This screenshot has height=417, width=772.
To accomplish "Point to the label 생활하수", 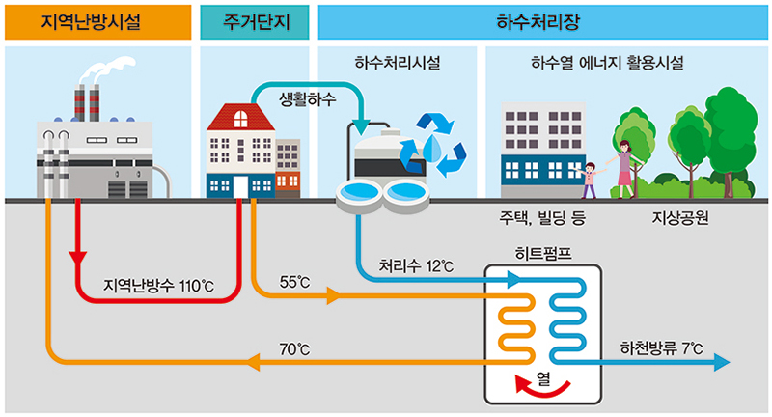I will [x=307, y=99].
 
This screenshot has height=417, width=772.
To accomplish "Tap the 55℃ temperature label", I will [x=294, y=282].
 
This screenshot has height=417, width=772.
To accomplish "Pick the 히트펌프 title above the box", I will [x=544, y=256].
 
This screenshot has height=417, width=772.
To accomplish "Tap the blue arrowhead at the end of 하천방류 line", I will [x=721, y=362].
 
